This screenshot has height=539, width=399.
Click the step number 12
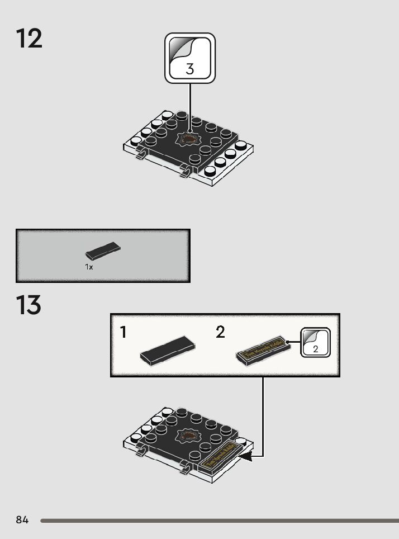pos(29,39)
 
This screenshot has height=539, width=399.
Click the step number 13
pos(29,305)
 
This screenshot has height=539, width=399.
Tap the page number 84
pos(22,520)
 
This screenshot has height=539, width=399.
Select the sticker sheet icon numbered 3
pos(190,58)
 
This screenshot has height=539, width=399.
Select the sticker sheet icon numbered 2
pos(316,342)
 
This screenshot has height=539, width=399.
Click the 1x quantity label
pos(89,267)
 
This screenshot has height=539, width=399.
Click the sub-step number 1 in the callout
pos(123,333)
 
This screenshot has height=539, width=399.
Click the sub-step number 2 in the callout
pos(220,333)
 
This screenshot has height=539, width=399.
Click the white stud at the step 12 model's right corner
pos(241,145)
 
